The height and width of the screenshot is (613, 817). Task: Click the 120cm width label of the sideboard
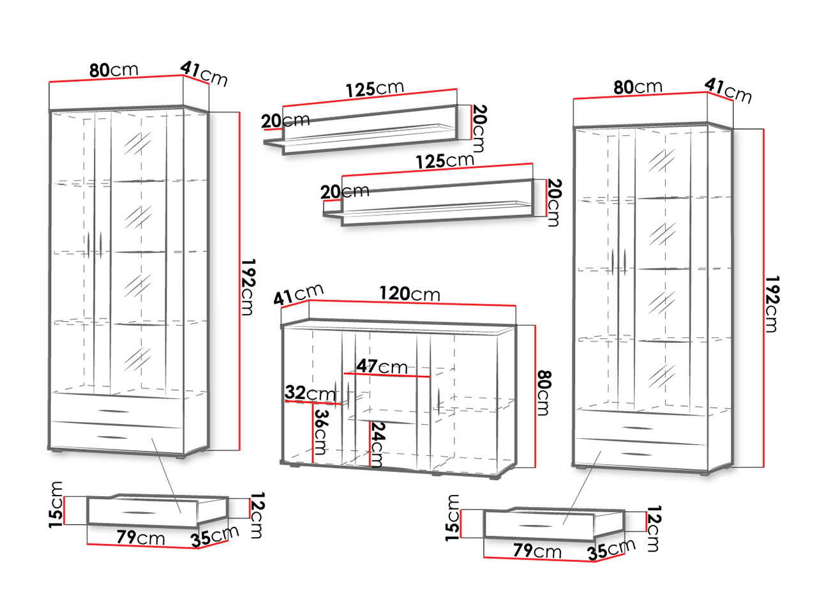point(409,294)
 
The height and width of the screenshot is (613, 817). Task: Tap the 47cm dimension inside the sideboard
point(382,367)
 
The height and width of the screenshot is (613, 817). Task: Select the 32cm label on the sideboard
point(310,393)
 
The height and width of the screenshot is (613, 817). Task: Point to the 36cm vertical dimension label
point(321,432)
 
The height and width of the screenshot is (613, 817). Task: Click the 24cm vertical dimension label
point(377,444)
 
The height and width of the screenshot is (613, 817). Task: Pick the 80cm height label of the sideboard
point(543,393)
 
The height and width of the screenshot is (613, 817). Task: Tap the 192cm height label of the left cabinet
point(248,287)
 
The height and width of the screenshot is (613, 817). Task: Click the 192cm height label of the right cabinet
point(772,304)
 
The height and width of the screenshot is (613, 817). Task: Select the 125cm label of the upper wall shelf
point(375,89)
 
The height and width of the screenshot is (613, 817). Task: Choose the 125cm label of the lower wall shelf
point(445,161)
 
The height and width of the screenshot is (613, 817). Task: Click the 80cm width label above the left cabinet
point(114,70)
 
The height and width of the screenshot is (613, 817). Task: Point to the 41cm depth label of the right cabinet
point(728,91)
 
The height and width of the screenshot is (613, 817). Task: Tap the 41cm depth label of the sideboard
point(298,294)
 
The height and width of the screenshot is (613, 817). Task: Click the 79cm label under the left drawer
point(140,538)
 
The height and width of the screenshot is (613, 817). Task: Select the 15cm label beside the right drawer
point(453,518)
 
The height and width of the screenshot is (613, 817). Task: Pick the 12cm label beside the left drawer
point(257,515)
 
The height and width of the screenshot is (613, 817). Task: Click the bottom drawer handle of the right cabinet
point(637,454)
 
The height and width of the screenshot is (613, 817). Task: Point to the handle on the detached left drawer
point(139,513)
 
